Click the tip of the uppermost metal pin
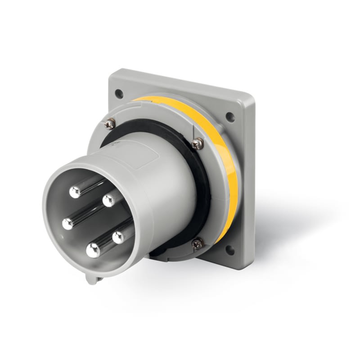coord(75,192)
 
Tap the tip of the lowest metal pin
coord(93,250)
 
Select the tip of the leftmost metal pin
coord(68,223)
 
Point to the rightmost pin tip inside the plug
coord(119,237)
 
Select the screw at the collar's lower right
coord(197,243)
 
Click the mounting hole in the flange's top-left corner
coord(119,94)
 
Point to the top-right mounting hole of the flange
coord(230,117)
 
